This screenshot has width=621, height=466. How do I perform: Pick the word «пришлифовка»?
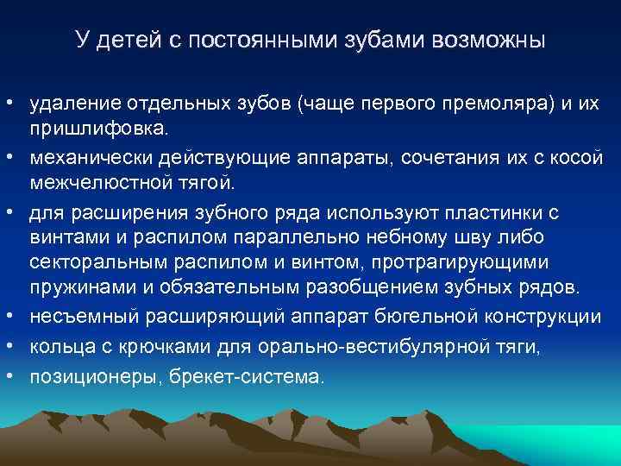[101, 129]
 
